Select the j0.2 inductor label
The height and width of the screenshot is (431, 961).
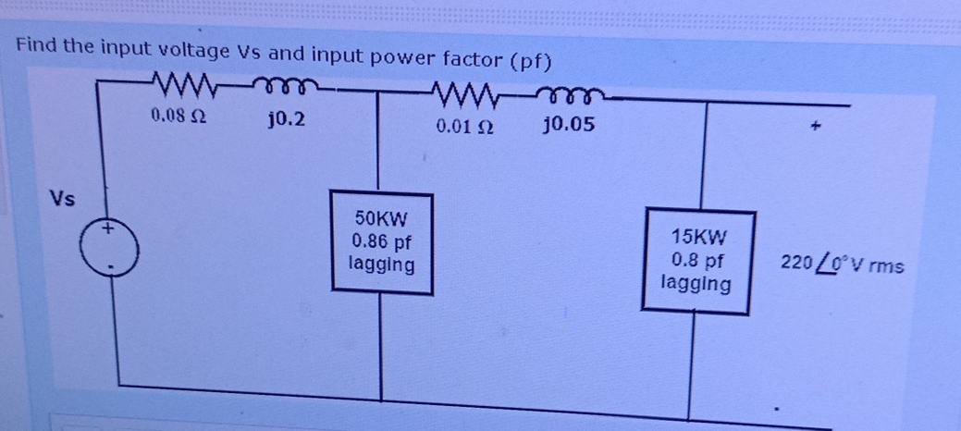click(x=282, y=119)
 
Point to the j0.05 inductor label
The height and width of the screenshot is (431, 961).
click(x=569, y=124)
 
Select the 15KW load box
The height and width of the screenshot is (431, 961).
click(x=699, y=261)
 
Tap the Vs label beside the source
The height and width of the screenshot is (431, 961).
click(x=64, y=199)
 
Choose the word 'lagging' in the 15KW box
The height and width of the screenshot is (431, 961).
click(x=696, y=282)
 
